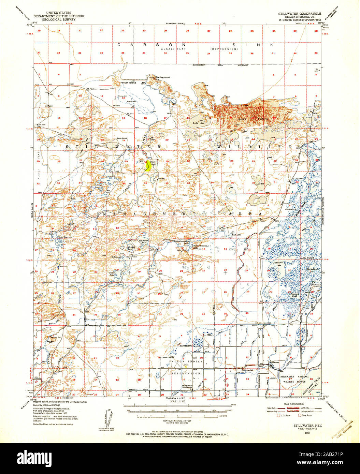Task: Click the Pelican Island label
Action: click(x=128, y=83)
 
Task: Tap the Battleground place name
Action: click(x=163, y=77)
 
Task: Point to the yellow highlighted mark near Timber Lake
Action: click(x=148, y=166)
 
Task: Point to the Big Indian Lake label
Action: click(x=143, y=242)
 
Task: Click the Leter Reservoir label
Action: click(x=65, y=236)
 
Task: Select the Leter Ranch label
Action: click(x=122, y=138)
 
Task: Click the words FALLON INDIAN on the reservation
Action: click(x=186, y=361)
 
